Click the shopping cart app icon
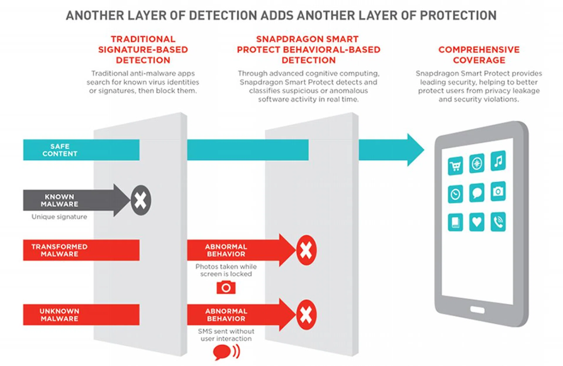point(455,166)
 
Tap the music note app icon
point(498,161)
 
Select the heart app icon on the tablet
point(476,222)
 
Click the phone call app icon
point(498,222)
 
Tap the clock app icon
point(455,194)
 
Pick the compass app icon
point(476,163)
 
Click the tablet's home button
point(477,310)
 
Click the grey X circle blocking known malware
point(141,200)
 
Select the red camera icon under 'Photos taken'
point(226,287)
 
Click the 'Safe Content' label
point(60,150)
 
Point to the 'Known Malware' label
point(60,200)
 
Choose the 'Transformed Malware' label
point(60,250)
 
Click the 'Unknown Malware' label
point(60,315)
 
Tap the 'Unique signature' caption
point(59,217)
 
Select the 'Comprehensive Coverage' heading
point(479,55)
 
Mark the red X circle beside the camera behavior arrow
point(306,250)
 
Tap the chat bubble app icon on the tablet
point(476,193)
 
